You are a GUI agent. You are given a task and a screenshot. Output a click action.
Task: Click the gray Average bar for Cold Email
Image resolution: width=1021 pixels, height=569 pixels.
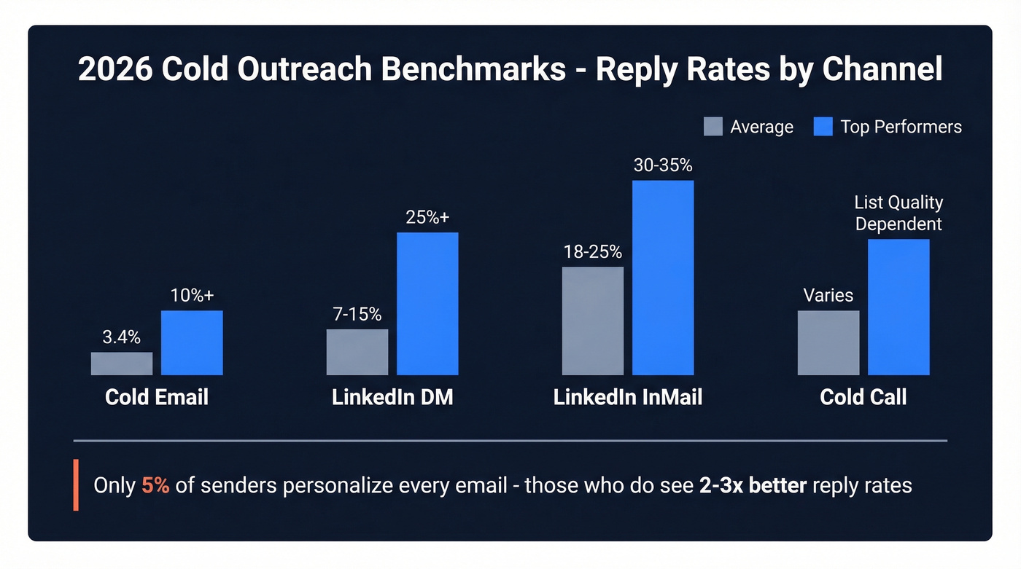(x=122, y=364)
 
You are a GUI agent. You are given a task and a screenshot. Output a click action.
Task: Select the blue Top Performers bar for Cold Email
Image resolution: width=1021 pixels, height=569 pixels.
(x=192, y=342)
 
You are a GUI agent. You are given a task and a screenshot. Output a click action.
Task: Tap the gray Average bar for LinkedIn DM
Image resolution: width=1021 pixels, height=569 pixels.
(x=357, y=352)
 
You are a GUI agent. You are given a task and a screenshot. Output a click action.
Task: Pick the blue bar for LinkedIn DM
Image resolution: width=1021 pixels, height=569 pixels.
(x=427, y=304)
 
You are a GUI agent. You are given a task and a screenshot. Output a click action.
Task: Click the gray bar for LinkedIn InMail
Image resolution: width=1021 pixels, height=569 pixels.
(x=593, y=321)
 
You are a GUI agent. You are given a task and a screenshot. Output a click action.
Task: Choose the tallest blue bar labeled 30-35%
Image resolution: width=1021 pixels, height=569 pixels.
(x=663, y=278)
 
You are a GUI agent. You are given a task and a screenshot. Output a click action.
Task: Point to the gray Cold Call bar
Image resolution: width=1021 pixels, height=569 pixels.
(x=828, y=342)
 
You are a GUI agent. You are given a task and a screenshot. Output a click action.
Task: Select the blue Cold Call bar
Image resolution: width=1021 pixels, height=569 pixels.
(x=898, y=307)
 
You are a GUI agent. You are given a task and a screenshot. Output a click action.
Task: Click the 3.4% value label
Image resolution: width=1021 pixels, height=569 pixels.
(x=122, y=337)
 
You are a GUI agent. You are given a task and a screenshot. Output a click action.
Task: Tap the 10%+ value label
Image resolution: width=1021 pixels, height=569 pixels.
(x=192, y=295)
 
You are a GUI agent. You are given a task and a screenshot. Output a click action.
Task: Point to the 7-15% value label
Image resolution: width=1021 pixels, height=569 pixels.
(x=357, y=314)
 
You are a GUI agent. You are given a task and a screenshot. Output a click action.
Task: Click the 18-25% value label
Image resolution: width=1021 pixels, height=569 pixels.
(x=593, y=252)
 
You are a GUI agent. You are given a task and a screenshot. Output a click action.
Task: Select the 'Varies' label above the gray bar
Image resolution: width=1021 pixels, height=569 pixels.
(x=828, y=295)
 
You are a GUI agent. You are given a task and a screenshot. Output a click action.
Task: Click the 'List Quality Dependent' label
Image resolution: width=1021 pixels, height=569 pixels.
(x=898, y=213)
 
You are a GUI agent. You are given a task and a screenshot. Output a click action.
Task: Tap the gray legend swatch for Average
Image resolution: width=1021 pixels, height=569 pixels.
(x=713, y=127)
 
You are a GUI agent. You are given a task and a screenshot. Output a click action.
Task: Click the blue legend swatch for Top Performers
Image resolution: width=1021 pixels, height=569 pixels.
(x=823, y=127)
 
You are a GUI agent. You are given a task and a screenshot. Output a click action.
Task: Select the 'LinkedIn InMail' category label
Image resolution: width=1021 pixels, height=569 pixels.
(x=628, y=397)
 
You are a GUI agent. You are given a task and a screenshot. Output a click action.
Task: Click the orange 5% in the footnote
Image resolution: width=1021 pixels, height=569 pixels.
(x=155, y=485)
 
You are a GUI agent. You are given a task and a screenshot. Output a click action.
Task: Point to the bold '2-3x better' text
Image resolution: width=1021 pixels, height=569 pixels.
(x=753, y=485)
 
